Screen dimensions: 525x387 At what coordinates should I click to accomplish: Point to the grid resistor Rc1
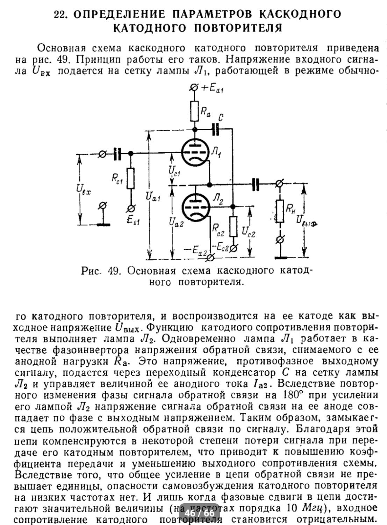(x=131, y=178)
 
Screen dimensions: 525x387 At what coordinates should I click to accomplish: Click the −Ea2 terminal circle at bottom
(x=210, y=258)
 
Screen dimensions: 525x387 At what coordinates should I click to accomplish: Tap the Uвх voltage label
(x=84, y=191)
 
